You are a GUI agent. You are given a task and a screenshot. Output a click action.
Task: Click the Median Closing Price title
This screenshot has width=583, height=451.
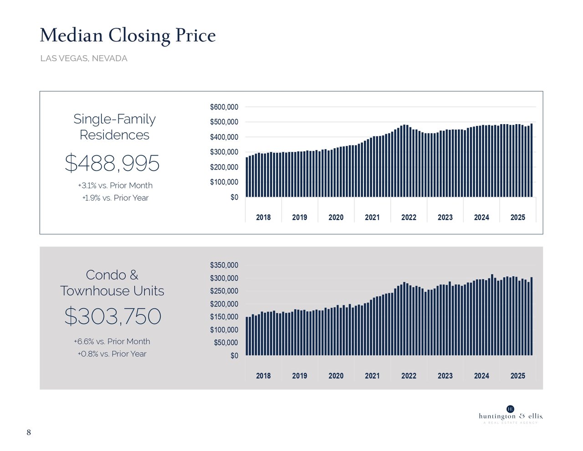(x=128, y=36)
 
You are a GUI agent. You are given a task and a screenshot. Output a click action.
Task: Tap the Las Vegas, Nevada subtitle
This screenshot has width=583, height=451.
(x=84, y=58)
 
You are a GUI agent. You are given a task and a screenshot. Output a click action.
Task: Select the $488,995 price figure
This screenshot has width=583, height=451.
(x=112, y=163)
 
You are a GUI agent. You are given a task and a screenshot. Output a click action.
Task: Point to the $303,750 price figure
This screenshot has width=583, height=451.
(x=113, y=316)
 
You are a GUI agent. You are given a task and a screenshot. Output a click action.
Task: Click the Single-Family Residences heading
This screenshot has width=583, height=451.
(x=114, y=127)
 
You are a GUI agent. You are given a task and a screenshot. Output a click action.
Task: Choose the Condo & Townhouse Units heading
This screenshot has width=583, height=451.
(x=112, y=283)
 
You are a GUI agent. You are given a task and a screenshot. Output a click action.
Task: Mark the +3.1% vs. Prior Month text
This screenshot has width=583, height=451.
(x=115, y=186)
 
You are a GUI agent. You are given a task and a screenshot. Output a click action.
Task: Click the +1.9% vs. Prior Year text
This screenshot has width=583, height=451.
(x=115, y=198)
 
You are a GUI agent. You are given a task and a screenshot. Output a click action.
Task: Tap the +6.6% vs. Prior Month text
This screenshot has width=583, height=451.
(x=112, y=342)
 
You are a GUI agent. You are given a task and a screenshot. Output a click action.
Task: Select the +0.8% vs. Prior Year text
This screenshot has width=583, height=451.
(x=112, y=354)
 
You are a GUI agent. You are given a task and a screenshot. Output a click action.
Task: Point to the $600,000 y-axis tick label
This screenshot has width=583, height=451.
(x=224, y=107)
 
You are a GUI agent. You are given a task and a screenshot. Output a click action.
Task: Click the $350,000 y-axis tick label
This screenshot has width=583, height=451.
(x=224, y=265)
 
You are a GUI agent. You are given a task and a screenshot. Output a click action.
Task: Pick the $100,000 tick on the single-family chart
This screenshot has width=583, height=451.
(x=224, y=182)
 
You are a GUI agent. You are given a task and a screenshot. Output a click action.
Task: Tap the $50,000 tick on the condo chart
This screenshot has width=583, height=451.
(x=226, y=343)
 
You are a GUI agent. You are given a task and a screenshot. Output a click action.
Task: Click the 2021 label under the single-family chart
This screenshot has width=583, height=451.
(x=372, y=218)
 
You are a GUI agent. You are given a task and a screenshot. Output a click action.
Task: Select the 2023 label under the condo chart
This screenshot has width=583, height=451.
(x=445, y=376)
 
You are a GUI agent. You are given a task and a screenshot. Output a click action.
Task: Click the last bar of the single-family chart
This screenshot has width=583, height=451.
(x=531, y=161)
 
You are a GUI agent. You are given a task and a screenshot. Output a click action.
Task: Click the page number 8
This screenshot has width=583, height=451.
(x=29, y=432)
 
